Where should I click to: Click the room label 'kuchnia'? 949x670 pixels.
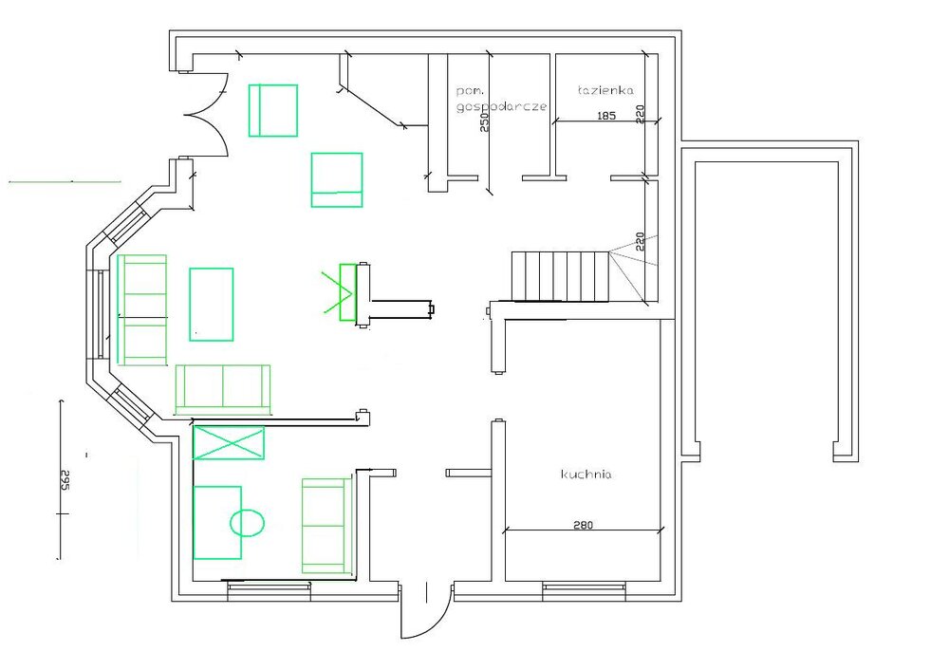[586, 474]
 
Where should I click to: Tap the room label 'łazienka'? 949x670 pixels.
[605, 91]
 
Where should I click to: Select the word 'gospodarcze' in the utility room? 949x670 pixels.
[502, 106]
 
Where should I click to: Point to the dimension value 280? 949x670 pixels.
[583, 525]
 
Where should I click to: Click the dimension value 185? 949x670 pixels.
[606, 115]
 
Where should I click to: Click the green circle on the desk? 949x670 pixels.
[247, 522]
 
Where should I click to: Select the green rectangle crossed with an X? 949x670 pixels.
[229, 442]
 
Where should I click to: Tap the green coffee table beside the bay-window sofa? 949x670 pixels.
[212, 305]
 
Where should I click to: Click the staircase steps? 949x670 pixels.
[560, 276]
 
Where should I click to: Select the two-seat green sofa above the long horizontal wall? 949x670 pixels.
[223, 388]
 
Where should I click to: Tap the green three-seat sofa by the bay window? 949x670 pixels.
[142, 309]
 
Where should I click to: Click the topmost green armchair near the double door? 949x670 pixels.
[273, 110]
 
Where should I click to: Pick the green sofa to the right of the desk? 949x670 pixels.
[326, 526]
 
